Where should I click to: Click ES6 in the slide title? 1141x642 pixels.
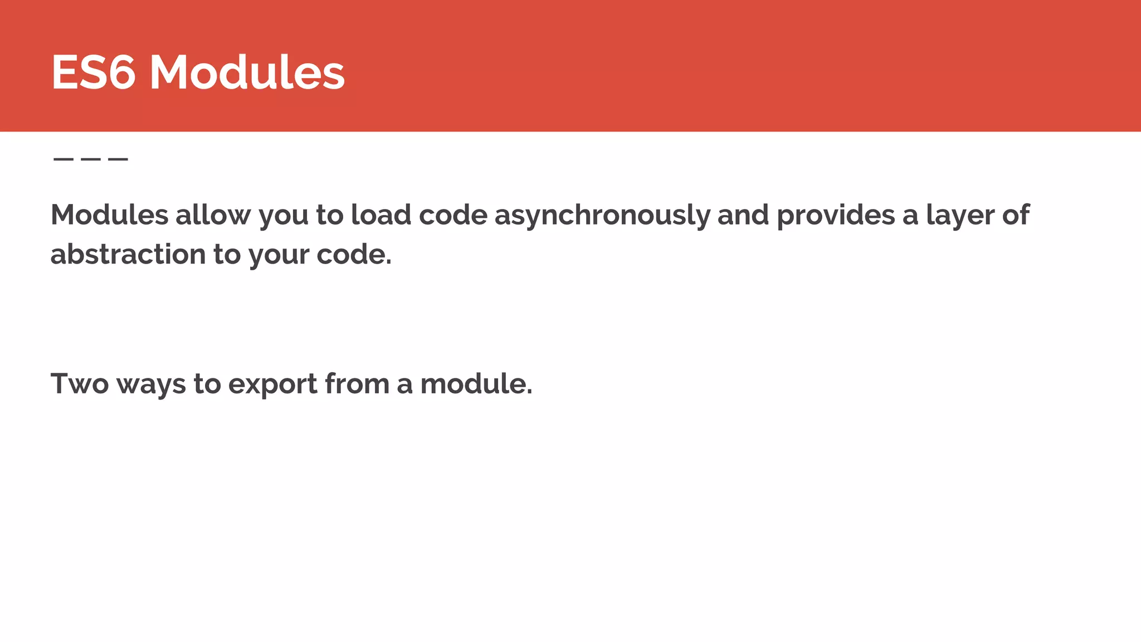point(93,72)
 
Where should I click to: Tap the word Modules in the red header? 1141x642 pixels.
point(247,72)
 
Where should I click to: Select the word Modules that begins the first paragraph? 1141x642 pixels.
point(109,215)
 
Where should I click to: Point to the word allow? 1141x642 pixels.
point(213,215)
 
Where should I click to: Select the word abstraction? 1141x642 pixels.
point(128,255)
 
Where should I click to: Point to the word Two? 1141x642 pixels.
point(80,384)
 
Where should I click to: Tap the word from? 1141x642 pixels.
point(357,384)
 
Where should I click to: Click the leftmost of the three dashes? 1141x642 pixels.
point(63,159)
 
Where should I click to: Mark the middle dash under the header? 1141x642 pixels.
point(90,159)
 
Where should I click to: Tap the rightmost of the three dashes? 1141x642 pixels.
point(118,159)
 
